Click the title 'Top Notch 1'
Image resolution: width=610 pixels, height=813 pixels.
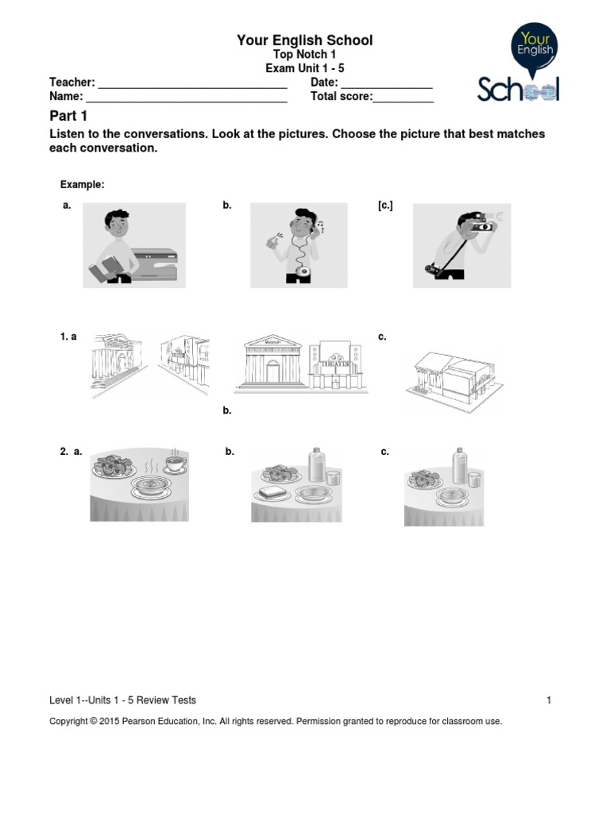click(x=304, y=54)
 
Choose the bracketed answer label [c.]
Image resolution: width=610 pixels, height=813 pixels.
click(x=385, y=206)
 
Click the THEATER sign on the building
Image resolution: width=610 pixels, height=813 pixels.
click(x=337, y=363)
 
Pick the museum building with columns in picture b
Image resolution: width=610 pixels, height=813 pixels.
click(x=272, y=361)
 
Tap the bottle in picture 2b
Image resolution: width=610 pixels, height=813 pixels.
click(x=316, y=464)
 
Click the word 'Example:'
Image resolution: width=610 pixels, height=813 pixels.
click(x=83, y=184)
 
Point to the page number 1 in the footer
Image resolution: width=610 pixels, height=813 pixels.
click(x=548, y=700)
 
